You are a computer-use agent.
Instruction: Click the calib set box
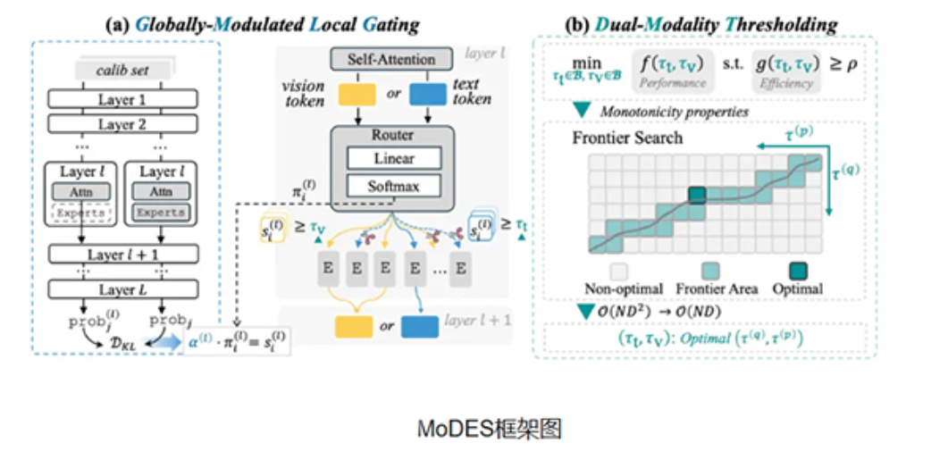[122, 69]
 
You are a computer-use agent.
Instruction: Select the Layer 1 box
[122, 99]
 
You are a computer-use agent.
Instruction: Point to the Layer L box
[122, 290]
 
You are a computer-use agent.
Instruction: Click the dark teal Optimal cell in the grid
[698, 195]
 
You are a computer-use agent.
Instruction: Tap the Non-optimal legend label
[622, 289]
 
